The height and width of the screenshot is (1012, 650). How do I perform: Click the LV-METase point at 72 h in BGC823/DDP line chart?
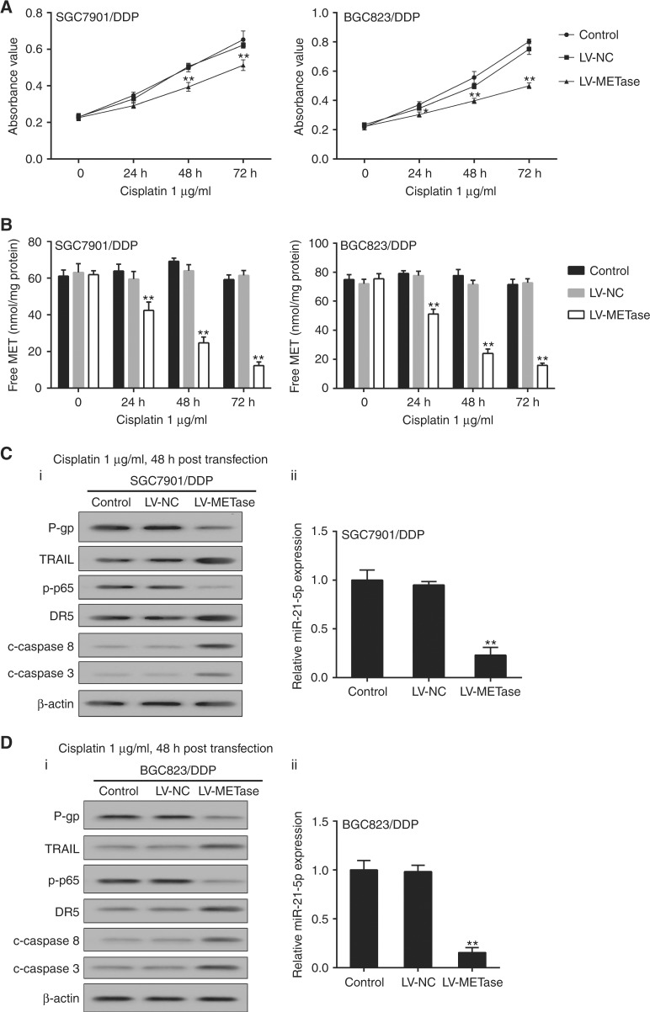click(529, 85)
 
